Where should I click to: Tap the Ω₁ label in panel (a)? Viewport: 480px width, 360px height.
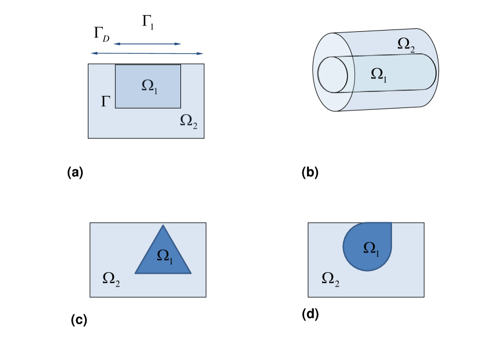(x=150, y=86)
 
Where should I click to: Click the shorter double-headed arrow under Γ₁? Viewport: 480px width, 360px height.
(x=147, y=44)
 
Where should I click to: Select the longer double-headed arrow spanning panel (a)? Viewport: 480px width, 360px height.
(x=147, y=54)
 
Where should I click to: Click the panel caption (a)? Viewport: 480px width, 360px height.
(x=76, y=172)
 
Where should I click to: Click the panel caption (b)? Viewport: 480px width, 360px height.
(x=310, y=172)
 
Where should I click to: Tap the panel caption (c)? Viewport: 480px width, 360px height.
(x=78, y=319)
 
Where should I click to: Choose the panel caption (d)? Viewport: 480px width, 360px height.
(x=311, y=314)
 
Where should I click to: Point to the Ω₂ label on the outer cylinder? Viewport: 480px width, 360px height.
(x=407, y=44)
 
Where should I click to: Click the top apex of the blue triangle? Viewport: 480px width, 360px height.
(x=163, y=225)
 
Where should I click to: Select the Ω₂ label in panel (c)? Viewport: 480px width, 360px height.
(x=111, y=279)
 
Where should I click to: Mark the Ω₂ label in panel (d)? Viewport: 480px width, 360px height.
(x=330, y=279)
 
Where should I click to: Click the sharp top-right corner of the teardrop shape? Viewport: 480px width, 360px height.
(x=392, y=223)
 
